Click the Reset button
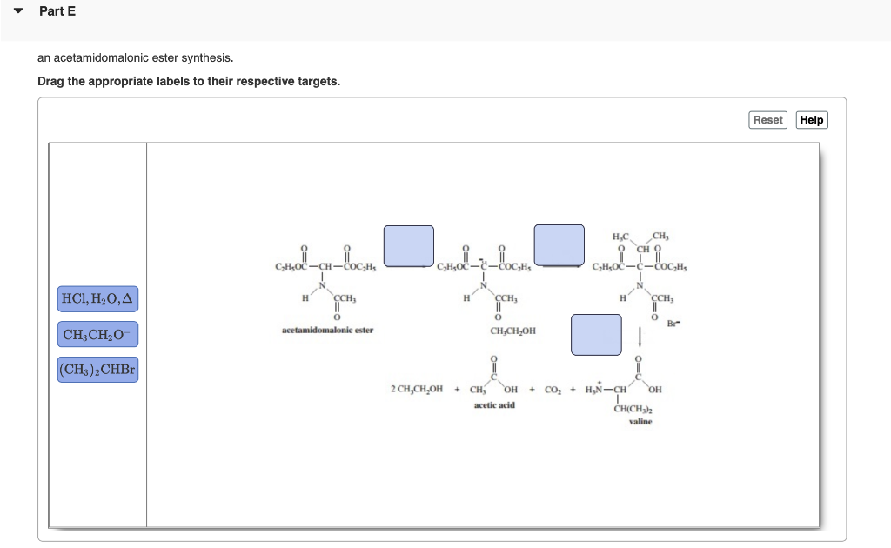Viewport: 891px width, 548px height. click(767, 120)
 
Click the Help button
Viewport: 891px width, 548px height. click(812, 120)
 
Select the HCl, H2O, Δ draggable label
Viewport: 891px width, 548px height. click(97, 300)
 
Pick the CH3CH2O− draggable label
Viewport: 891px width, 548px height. click(97, 335)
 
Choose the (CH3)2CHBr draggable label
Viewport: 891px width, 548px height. click(97, 370)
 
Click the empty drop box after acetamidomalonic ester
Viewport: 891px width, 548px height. click(409, 244)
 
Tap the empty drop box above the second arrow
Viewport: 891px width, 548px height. click(559, 244)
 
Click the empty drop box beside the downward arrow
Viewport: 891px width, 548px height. click(596, 335)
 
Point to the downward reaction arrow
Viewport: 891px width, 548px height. click(640, 336)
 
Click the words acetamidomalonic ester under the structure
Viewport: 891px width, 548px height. click(327, 331)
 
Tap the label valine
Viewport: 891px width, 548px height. click(640, 422)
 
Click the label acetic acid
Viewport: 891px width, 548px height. click(494, 405)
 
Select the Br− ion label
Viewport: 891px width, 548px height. click(672, 324)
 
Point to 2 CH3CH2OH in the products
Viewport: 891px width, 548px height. click(417, 389)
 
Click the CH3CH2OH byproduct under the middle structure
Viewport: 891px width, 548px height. click(513, 331)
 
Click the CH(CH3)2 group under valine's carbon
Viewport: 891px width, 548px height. click(633, 408)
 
